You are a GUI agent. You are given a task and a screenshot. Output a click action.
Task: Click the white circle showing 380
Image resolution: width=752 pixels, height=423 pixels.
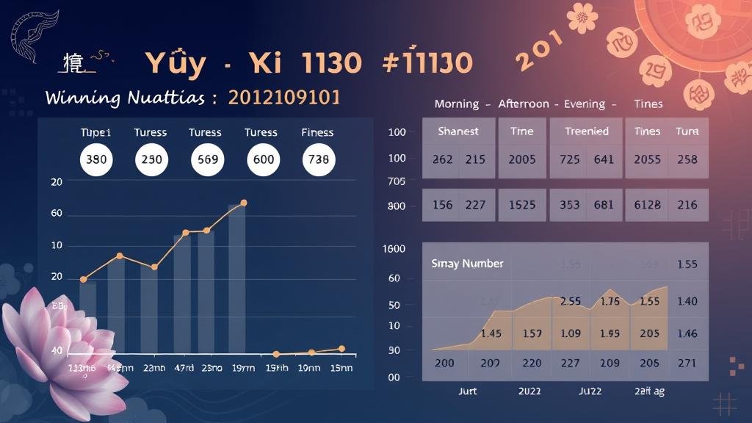(x=95, y=159)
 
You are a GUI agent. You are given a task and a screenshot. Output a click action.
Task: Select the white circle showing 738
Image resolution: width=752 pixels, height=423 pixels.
(x=317, y=159)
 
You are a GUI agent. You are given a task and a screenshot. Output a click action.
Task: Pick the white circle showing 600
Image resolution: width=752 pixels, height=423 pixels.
(x=263, y=159)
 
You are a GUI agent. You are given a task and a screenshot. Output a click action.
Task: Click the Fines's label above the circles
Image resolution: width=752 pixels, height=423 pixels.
(x=317, y=133)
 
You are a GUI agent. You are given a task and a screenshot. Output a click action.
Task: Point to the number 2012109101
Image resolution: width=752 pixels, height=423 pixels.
(x=284, y=98)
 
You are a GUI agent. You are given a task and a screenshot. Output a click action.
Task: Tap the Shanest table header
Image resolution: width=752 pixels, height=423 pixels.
(x=458, y=131)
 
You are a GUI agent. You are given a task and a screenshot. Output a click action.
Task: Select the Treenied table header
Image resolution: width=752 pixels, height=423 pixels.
(x=586, y=131)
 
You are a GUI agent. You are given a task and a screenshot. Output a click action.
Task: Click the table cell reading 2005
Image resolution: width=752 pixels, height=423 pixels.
(x=522, y=159)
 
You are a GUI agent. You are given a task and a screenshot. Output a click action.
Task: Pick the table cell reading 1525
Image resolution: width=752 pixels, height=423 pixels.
(x=522, y=206)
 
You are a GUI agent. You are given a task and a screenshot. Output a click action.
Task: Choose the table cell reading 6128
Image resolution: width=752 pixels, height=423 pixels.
(x=647, y=206)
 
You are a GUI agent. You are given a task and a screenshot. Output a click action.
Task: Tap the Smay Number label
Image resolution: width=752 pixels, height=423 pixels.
(x=467, y=264)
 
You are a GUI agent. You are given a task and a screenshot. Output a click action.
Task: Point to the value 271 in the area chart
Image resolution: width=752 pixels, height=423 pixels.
(x=687, y=363)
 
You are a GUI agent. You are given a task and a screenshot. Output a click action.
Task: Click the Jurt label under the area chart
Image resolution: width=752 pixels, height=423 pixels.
(x=468, y=391)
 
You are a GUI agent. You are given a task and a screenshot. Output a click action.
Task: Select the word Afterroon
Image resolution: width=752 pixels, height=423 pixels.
(x=523, y=104)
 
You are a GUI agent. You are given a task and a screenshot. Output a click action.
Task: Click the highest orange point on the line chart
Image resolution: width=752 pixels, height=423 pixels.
(x=244, y=202)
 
